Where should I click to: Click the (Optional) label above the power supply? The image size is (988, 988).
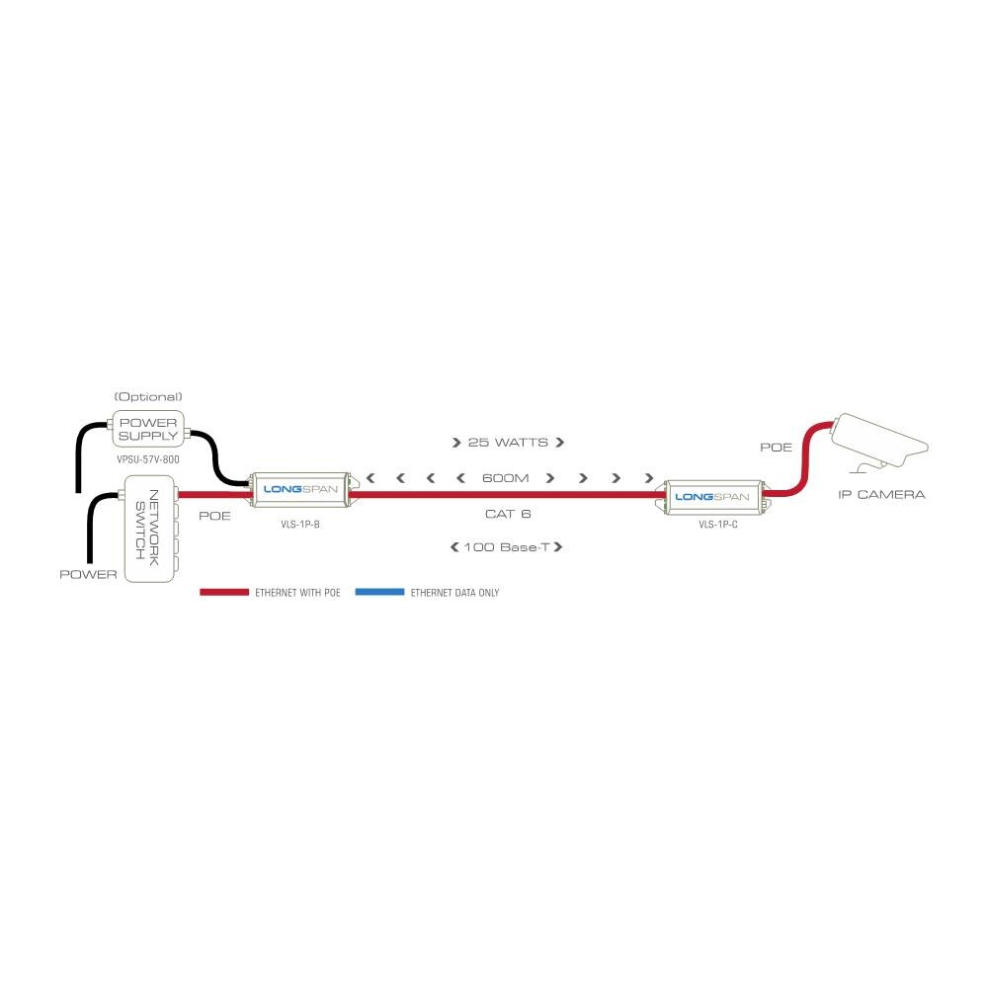point(148,397)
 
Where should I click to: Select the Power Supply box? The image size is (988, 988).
point(148,429)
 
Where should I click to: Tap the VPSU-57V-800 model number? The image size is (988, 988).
point(148,460)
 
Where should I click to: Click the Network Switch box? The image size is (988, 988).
point(149,529)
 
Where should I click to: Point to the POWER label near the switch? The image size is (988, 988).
point(88,575)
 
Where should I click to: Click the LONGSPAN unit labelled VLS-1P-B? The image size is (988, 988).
point(300,489)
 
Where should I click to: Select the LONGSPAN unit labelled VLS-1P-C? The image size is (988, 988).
point(715,497)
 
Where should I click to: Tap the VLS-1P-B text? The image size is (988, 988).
point(300,525)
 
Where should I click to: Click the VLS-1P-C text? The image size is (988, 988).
point(718,525)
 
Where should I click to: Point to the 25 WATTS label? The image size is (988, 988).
point(508,443)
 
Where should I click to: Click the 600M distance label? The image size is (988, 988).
point(505,478)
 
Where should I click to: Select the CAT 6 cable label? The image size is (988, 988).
point(508,514)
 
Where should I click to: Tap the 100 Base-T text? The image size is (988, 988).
point(507,547)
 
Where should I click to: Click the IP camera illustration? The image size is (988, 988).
point(880,442)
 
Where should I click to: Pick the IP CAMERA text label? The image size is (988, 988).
point(881,495)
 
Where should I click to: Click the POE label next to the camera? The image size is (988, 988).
point(776,448)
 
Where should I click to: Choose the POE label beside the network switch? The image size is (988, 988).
point(214,516)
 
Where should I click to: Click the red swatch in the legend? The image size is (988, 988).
point(224,592)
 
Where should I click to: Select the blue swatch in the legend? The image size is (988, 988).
point(380,592)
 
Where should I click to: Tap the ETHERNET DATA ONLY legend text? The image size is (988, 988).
point(454,593)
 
